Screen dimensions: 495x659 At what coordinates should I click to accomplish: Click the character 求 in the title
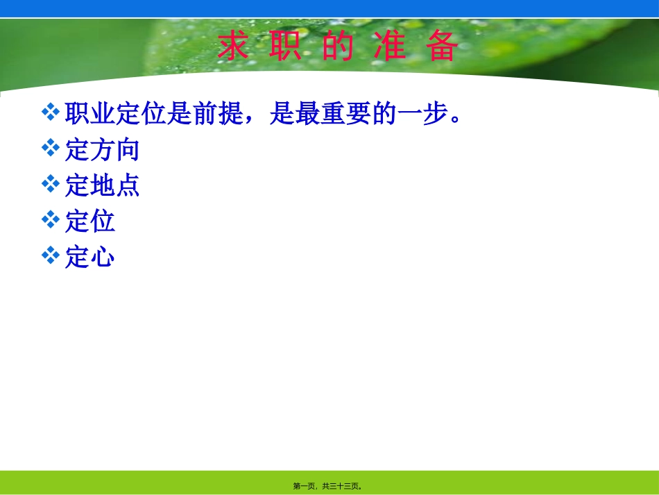233,48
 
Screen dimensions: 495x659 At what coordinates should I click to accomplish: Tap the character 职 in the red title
286,48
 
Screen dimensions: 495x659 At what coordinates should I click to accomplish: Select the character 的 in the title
338,48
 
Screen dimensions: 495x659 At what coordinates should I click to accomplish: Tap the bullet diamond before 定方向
51,148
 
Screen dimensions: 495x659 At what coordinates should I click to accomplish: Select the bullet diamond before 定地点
51,184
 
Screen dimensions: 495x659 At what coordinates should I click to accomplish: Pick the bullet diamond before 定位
51,220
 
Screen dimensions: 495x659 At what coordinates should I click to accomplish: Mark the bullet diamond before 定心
51,256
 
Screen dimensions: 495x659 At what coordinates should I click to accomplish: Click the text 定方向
103,149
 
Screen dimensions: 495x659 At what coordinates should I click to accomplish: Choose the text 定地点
103,185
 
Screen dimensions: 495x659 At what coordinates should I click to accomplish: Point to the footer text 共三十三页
341,487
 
